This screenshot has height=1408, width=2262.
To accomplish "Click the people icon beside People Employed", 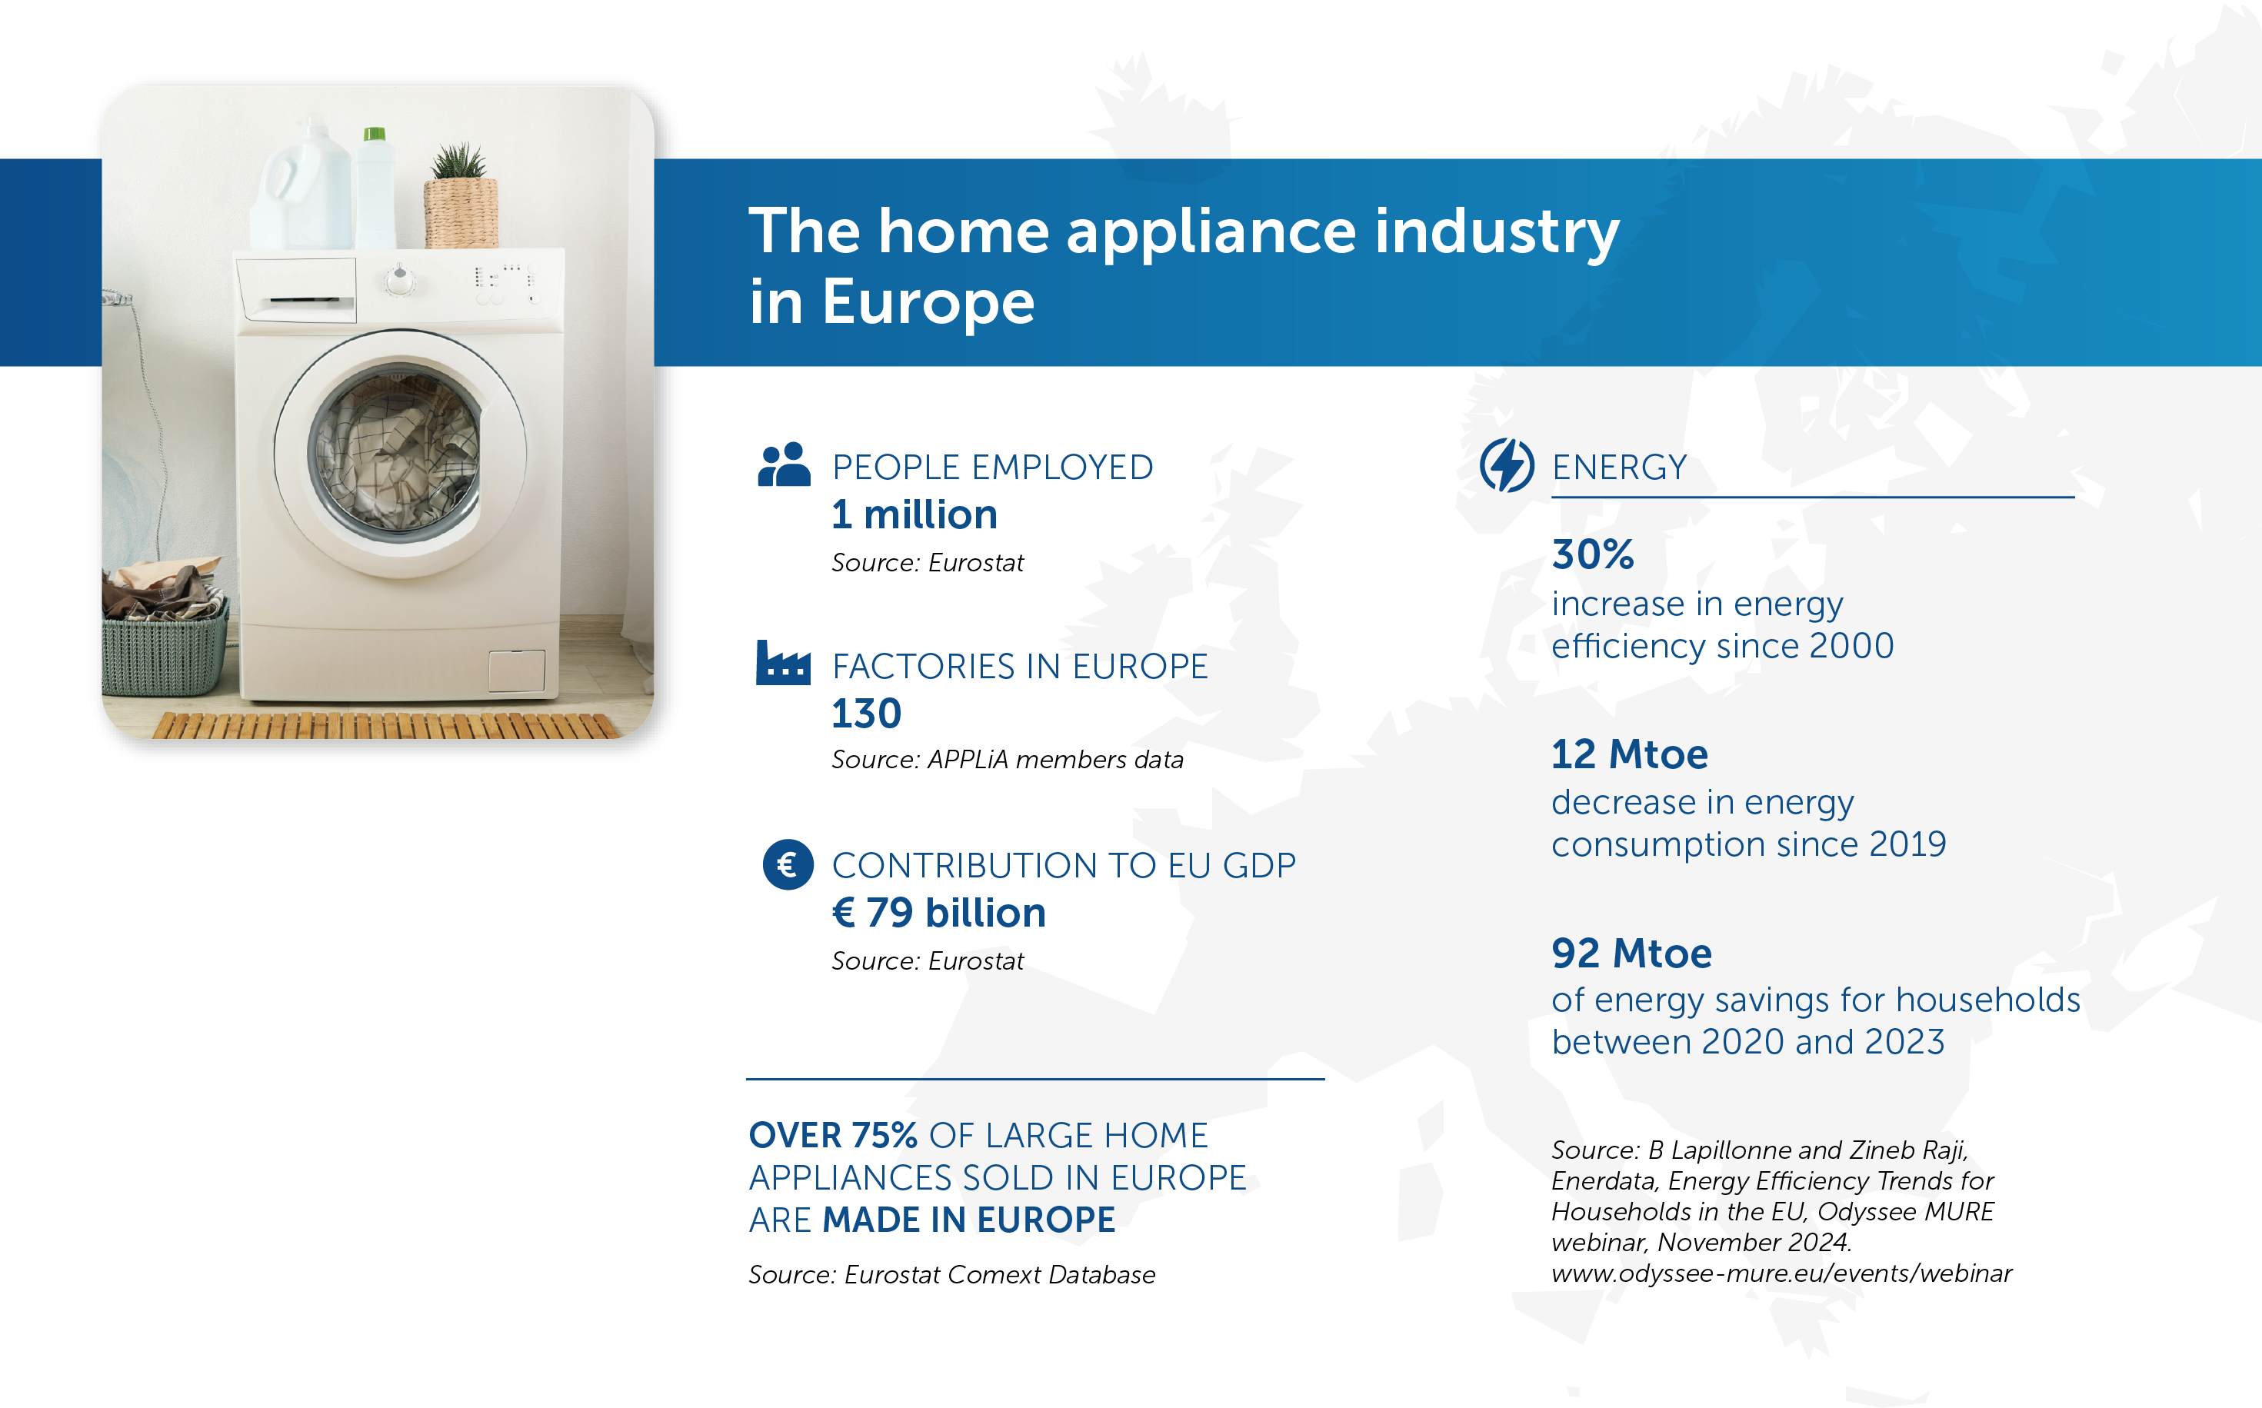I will tap(783, 464).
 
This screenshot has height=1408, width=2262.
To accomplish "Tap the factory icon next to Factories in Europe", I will tap(782, 663).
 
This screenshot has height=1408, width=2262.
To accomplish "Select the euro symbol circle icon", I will tap(788, 864).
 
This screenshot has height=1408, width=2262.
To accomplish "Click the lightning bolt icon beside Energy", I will tap(1506, 464).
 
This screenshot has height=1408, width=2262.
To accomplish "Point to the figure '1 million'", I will tap(914, 515).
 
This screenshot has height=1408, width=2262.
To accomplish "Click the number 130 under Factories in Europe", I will tap(866, 714).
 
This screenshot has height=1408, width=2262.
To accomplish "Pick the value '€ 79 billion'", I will tap(938, 913).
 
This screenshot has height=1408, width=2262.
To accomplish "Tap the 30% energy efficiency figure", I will tap(1591, 555).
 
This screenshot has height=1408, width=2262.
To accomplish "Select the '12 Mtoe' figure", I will tap(1629, 754).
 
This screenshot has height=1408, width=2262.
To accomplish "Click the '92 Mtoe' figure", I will tap(1631, 954).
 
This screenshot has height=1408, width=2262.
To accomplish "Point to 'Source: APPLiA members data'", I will tap(1007, 760).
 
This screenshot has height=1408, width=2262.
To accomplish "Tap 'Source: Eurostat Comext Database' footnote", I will tap(951, 1275).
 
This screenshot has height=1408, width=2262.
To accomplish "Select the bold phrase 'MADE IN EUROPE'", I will tap(968, 1220).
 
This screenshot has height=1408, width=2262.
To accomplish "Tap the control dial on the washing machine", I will tap(401, 278).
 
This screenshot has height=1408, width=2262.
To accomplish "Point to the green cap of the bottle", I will tap(375, 134).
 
